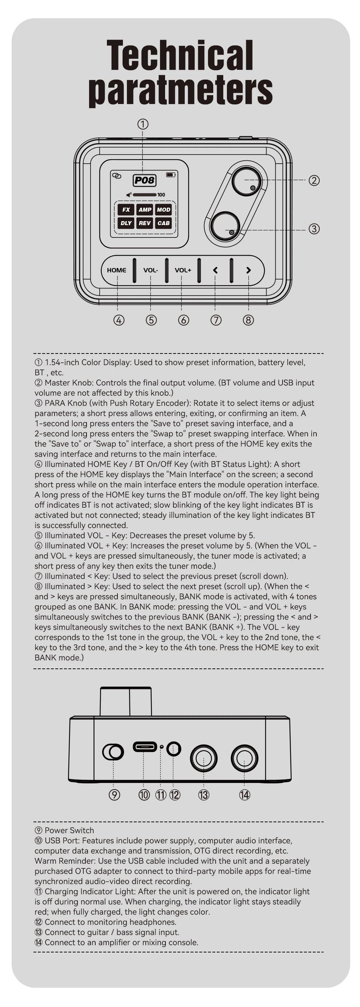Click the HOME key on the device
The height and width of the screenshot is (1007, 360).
pyautogui.click(x=116, y=270)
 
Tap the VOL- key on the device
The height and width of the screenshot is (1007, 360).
pyautogui.click(x=151, y=270)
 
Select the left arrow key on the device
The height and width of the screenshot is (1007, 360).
pyautogui.click(x=215, y=270)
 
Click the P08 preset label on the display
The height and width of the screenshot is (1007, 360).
pyautogui.click(x=144, y=180)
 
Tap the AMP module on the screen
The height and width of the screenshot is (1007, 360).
pyautogui.click(x=145, y=209)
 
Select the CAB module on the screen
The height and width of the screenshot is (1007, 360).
pyautogui.click(x=163, y=223)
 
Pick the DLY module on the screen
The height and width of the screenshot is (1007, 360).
pyautogui.click(x=126, y=223)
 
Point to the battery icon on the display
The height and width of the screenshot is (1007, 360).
pyautogui.click(x=171, y=175)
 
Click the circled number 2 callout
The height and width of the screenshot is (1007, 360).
pyautogui.click(x=314, y=181)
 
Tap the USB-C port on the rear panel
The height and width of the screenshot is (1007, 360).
pyautogui.click(x=145, y=747)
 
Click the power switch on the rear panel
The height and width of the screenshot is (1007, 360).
pyautogui.click(x=113, y=751)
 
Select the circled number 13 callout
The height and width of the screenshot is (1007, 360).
pyautogui.click(x=204, y=795)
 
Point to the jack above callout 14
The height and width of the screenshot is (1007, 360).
pyautogui.click(x=244, y=758)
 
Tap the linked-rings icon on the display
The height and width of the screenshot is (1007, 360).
pyautogui.click(x=116, y=175)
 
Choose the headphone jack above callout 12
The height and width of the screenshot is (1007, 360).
pyautogui.click(x=173, y=748)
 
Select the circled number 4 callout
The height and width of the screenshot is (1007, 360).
pyautogui.click(x=119, y=320)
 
